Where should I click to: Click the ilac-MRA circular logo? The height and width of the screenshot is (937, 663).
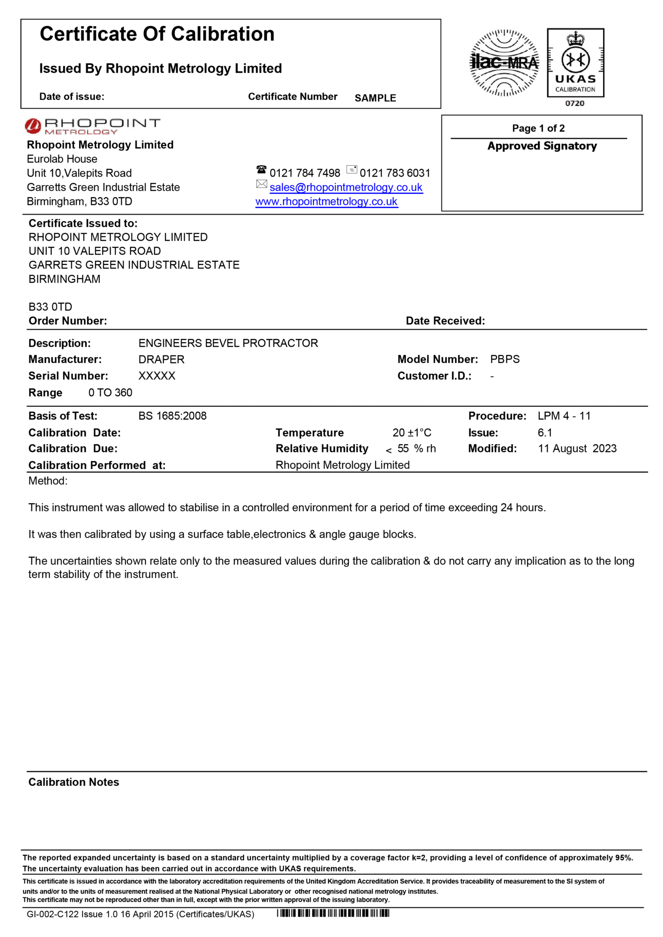505,63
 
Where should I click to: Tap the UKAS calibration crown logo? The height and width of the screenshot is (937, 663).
576,63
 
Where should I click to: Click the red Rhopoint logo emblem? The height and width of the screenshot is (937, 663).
33,126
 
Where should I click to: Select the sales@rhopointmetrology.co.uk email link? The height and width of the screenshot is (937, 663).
346,187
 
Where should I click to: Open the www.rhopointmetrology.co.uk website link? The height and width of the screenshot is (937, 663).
326,202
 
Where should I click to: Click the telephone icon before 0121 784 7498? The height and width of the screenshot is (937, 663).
261,170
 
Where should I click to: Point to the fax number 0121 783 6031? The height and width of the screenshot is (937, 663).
395,173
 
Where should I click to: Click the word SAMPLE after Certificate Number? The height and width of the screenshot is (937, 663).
375,98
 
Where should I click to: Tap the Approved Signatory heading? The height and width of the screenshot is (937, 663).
542,146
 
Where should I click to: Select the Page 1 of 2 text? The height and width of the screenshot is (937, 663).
538,128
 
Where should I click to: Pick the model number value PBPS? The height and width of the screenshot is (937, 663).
505,360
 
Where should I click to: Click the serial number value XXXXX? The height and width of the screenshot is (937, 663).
157,376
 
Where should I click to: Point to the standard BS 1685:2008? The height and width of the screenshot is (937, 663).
173,416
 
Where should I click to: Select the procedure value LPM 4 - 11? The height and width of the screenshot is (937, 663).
564,416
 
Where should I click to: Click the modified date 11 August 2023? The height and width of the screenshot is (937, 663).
577,448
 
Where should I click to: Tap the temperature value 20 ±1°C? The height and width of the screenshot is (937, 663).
412,433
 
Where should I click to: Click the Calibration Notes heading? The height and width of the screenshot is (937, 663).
74,782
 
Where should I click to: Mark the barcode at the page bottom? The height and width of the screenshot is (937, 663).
333,914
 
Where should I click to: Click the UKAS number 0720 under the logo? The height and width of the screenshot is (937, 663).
575,103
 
